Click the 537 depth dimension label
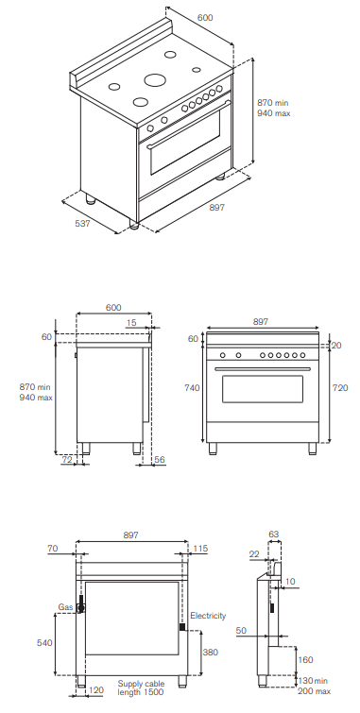point(83,223)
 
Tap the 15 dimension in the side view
point(131,323)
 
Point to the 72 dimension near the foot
point(67,460)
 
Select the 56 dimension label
point(160,460)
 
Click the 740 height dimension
point(192,388)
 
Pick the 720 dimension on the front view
point(340,388)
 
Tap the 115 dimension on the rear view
point(200,549)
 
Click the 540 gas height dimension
point(44,642)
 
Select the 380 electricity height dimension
point(211,652)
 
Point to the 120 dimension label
point(96,690)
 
